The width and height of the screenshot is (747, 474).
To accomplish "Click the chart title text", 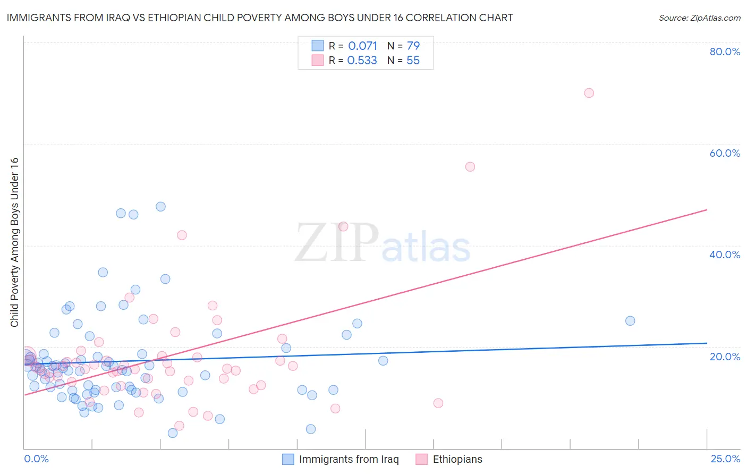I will point(260,18).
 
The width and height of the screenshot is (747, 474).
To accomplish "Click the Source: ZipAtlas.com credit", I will point(699,18).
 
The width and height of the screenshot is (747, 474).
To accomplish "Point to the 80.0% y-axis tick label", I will point(725,52).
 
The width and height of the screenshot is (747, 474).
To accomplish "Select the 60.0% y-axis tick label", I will point(725,153).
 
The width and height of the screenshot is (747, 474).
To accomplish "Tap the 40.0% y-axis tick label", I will point(725,255).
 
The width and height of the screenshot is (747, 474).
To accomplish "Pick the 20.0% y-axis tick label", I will point(725,356).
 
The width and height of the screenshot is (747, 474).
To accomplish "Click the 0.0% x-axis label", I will point(36,459).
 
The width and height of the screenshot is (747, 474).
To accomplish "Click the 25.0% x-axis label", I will point(725,459).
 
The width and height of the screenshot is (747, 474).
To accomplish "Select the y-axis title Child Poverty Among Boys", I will point(14,242).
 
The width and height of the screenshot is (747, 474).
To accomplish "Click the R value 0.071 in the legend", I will point(362,46).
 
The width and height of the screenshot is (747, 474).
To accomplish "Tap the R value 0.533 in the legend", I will point(362,61).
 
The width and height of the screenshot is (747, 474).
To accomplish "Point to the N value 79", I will point(413,46).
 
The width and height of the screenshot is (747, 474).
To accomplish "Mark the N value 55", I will point(413,61).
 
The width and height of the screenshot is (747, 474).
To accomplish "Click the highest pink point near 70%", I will point(589,93).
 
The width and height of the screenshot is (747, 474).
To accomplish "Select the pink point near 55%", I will point(470,167).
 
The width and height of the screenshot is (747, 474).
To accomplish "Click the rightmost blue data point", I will point(630,320).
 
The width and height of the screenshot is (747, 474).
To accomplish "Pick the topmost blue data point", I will point(160,207).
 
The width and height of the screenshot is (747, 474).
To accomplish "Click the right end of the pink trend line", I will point(707,210).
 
